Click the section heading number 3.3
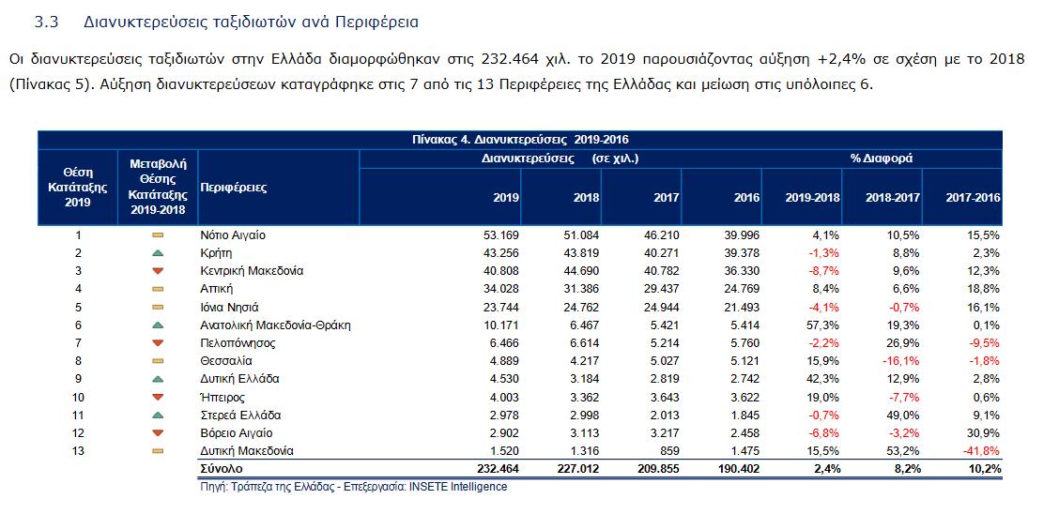pos(46,20)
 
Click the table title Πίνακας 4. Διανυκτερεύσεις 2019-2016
pos(519,140)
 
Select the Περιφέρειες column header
pos(234,188)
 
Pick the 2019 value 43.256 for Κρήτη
pos(499,253)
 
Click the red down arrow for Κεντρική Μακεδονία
pos(158,272)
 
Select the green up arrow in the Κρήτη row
pos(158,253)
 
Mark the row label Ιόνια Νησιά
pos(230,308)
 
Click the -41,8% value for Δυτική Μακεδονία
pos(980,451)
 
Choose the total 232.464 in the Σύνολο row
pos(497,468)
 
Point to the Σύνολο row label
pos(222,468)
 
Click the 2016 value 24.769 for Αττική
pos(743,290)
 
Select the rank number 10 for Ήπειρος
pos(78,398)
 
